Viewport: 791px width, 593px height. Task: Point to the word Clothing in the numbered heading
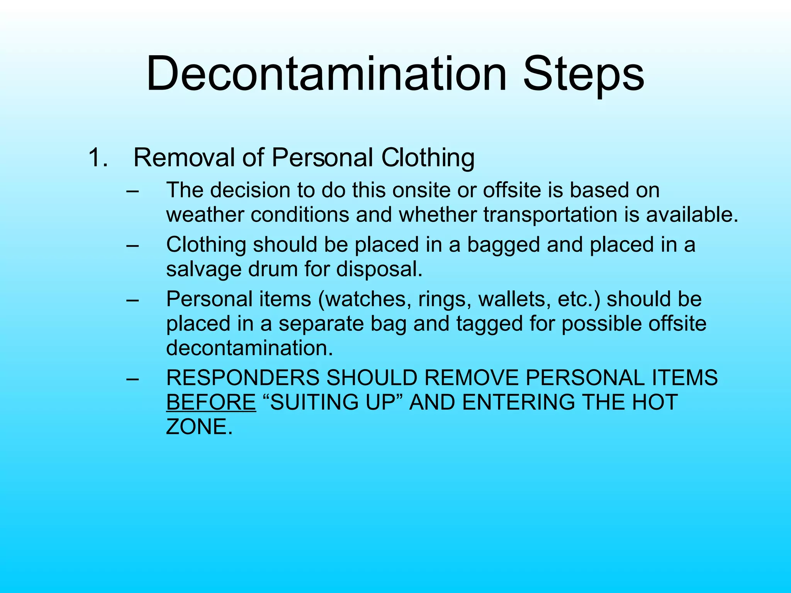tap(428, 158)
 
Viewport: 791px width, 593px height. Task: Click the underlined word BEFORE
tap(211, 402)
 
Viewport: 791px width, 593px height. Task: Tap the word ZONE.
tap(199, 427)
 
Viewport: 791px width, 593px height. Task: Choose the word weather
tap(205, 215)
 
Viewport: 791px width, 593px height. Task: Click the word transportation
tap(550, 215)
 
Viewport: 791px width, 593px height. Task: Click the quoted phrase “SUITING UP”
tap(333, 402)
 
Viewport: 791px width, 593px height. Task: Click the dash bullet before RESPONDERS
tap(132, 378)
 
